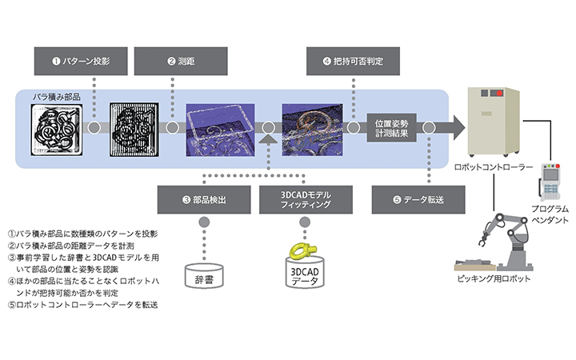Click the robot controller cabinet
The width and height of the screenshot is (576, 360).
[495, 120]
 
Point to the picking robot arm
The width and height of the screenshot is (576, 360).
[507, 236]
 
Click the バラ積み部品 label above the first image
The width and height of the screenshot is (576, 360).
[57, 97]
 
